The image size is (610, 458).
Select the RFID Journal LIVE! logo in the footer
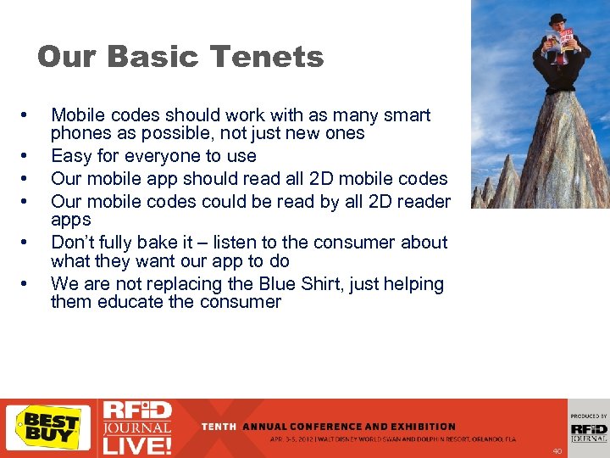(136, 427)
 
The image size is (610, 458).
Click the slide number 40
(557, 451)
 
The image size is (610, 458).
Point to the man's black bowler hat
(557, 20)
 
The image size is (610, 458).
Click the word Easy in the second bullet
(69, 156)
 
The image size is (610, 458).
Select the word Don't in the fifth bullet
(72, 243)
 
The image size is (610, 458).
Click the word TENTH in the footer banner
(219, 427)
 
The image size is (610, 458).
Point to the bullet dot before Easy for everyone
(28, 156)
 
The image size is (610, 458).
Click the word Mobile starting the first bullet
(78, 115)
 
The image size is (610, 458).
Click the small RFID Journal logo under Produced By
(588, 433)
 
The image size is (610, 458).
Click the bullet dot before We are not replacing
(28, 284)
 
